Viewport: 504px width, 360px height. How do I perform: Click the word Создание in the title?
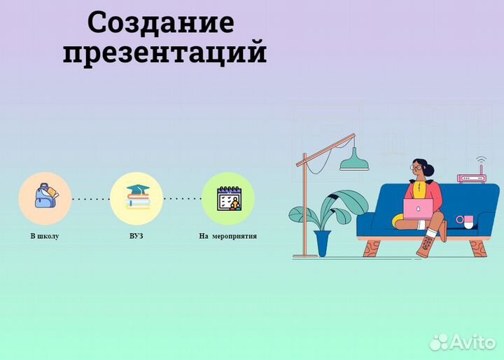pyautogui.click(x=160, y=22)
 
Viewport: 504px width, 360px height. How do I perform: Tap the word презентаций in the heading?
pyautogui.click(x=164, y=52)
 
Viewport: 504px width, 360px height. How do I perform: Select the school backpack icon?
pyautogui.click(x=44, y=198)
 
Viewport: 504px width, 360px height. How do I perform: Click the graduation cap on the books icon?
pyautogui.click(x=136, y=190)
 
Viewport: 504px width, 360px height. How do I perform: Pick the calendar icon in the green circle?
pyautogui.click(x=228, y=198)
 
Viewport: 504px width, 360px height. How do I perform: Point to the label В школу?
pyautogui.click(x=44, y=236)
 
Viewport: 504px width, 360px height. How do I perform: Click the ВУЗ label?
pyautogui.click(x=136, y=236)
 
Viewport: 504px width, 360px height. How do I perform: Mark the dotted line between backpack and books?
pyautogui.click(x=90, y=199)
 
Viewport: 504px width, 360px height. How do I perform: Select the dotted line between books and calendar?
pyautogui.click(x=182, y=199)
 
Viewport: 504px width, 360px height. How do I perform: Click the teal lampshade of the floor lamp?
pyautogui.click(x=354, y=163)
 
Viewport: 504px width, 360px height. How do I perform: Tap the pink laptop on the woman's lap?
pyautogui.click(x=419, y=208)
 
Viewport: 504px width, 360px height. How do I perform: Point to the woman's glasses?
pyautogui.click(x=418, y=168)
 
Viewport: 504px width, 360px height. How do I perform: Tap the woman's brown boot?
pyautogui.click(x=426, y=245)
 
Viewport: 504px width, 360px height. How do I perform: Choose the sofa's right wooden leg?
pyautogui.click(x=478, y=248)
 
